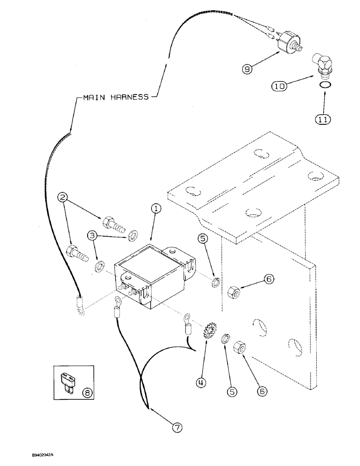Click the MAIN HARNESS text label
[116, 97]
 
